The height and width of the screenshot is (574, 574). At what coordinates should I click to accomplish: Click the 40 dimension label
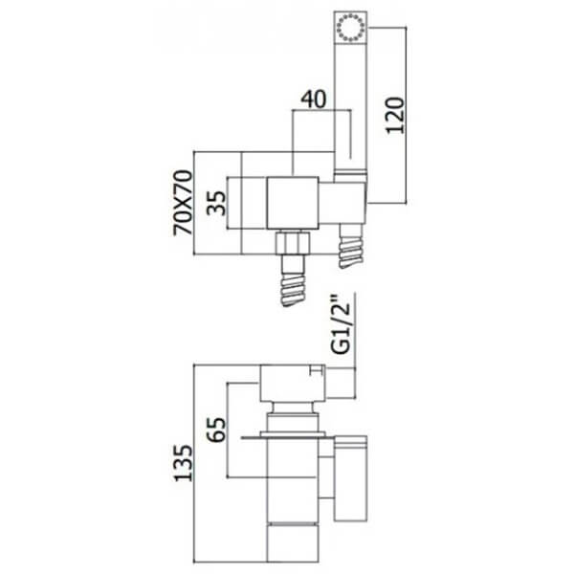(313, 99)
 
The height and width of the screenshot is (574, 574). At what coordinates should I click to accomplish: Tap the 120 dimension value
(395, 116)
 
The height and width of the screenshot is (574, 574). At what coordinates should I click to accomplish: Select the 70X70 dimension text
(183, 203)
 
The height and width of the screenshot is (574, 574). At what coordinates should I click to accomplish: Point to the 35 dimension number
(216, 203)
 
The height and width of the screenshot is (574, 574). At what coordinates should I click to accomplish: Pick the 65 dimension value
(216, 430)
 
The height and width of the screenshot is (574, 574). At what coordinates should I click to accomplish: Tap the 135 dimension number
(183, 463)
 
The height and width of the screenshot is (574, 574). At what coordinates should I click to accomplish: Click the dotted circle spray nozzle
(350, 27)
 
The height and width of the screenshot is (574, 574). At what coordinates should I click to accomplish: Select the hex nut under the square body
(293, 242)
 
